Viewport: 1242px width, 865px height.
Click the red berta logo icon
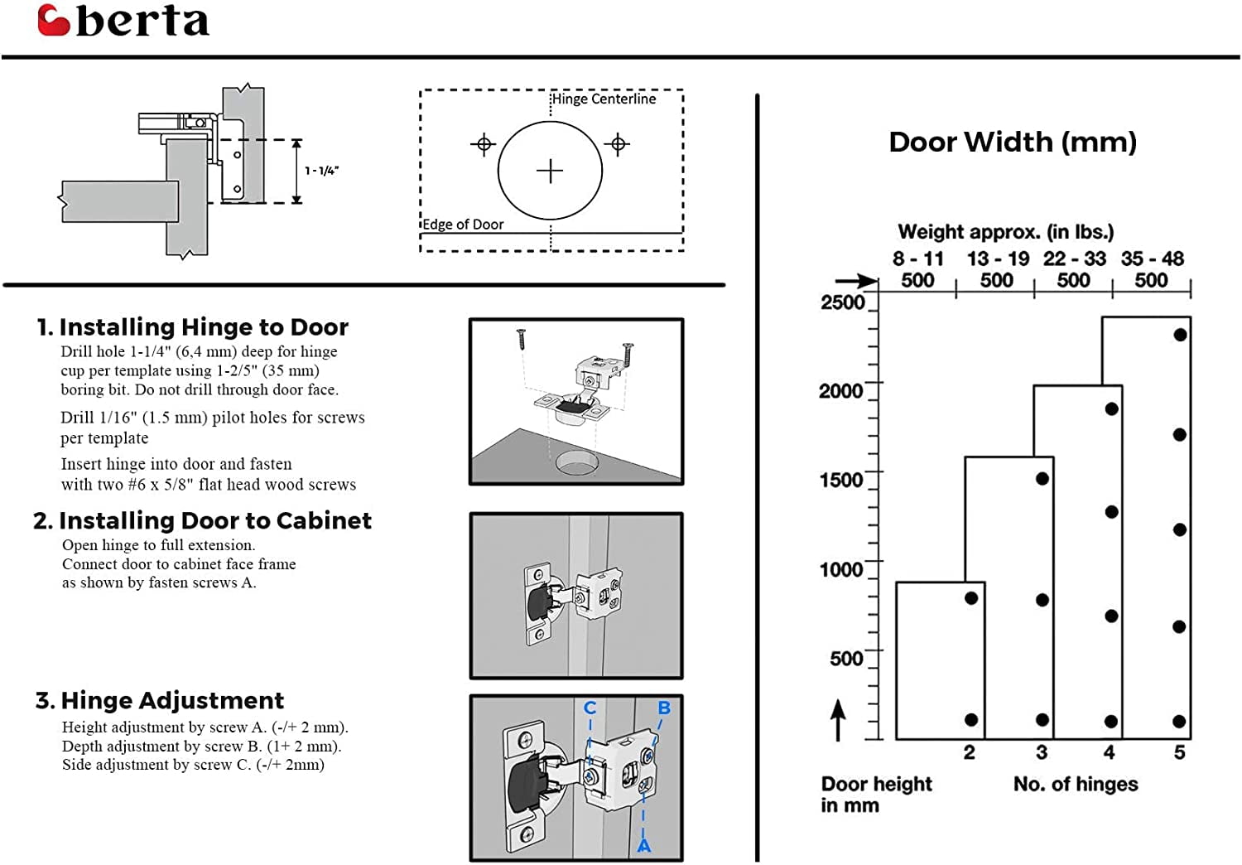[x=54, y=21]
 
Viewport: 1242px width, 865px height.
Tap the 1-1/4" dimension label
[x=321, y=171]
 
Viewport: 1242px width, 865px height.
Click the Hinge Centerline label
[x=604, y=99]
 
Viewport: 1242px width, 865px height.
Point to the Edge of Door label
[x=464, y=225]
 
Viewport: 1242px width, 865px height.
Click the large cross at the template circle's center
[x=550, y=172]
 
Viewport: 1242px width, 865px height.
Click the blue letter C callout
[x=590, y=708]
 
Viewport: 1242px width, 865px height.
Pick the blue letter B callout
[x=664, y=708]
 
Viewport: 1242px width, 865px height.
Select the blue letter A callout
[x=643, y=847]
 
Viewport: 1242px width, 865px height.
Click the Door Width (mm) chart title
[x=1012, y=143]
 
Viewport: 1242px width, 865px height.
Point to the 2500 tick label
[x=842, y=302]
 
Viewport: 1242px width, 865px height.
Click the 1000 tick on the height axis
[x=840, y=570]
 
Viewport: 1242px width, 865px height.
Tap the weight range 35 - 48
[x=1152, y=259]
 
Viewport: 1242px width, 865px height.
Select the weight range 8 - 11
[x=917, y=259]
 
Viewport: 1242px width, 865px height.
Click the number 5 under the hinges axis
[x=1179, y=752]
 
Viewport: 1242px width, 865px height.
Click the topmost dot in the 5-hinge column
[x=1180, y=335]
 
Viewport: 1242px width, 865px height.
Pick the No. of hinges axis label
[x=1076, y=784]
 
